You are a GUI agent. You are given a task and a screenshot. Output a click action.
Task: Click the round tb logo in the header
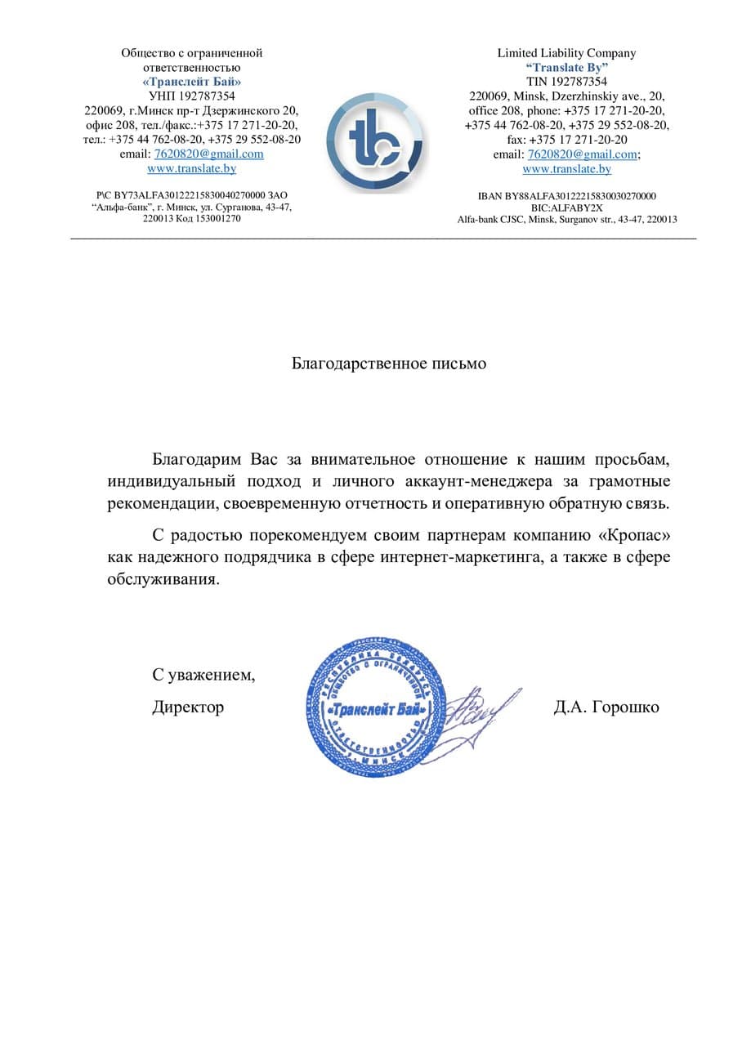(375, 141)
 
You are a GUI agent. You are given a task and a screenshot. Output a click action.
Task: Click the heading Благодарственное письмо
(389, 364)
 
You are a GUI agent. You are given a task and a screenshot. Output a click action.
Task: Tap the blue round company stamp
(377, 707)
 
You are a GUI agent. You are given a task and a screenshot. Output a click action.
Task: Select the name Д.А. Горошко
(606, 707)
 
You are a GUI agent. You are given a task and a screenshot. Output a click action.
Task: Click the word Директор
(188, 707)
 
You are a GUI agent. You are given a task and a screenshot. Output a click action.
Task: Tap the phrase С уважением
(203, 676)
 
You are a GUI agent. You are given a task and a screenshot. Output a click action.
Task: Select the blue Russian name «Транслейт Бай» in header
(192, 82)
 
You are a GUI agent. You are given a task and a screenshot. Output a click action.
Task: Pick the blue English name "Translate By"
(566, 68)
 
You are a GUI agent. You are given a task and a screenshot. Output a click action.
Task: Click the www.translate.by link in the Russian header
(192, 168)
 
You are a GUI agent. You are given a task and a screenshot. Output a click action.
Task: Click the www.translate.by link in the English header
(566, 169)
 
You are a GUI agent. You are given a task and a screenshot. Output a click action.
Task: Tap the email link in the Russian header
(208, 154)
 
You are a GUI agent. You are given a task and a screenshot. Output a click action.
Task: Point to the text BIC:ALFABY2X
(566, 207)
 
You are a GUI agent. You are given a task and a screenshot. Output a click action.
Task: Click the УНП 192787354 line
(192, 96)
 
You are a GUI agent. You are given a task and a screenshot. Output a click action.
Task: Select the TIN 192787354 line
(566, 82)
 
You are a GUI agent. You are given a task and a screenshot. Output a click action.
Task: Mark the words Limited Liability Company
(566, 53)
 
